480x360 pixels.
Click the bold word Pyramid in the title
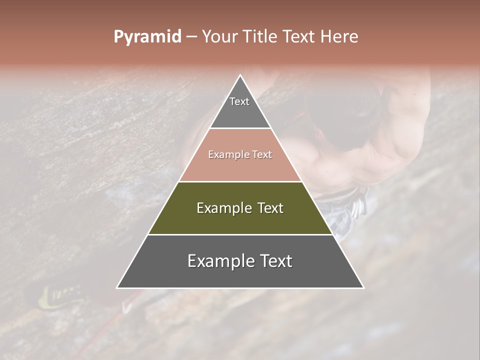click(147, 37)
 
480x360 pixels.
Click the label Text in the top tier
click(239, 101)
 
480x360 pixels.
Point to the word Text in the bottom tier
click(275, 261)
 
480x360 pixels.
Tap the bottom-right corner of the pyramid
click(363, 287)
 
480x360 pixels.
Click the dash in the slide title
click(191, 37)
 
